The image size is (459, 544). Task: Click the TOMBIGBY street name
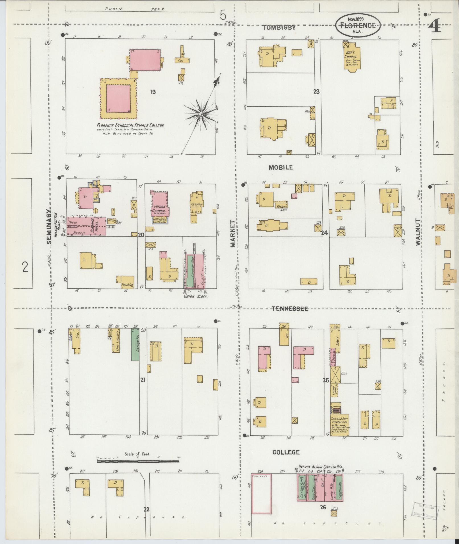click(279, 28)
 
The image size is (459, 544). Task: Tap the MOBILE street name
click(281, 167)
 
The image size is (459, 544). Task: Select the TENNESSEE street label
click(290, 309)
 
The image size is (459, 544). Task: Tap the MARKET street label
click(233, 233)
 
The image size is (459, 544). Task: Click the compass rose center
click(201, 114)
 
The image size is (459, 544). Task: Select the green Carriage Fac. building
click(135, 345)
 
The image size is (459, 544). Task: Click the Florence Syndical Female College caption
click(130, 125)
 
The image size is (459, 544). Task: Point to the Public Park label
click(135, 9)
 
